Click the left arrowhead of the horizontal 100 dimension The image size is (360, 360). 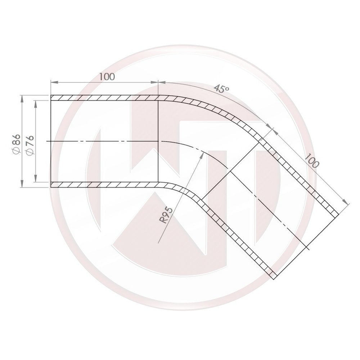click(53, 82)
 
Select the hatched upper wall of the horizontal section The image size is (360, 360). click(104, 98)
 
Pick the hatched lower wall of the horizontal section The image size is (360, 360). click(104, 185)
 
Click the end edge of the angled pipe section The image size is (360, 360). click(306, 245)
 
